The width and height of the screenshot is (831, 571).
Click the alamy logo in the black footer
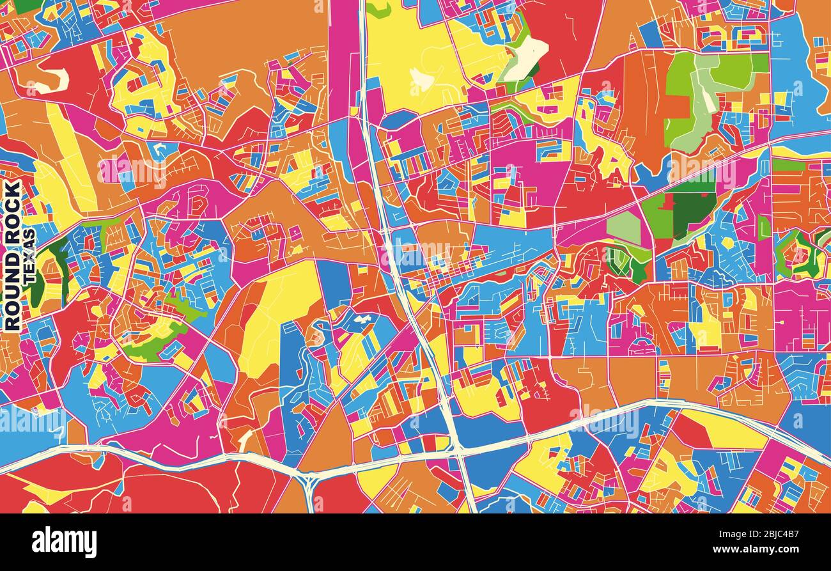pos(64,542)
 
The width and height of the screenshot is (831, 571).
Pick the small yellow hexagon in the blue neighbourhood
pos(727,243)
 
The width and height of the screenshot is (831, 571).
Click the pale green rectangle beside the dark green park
pos(624,228)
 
